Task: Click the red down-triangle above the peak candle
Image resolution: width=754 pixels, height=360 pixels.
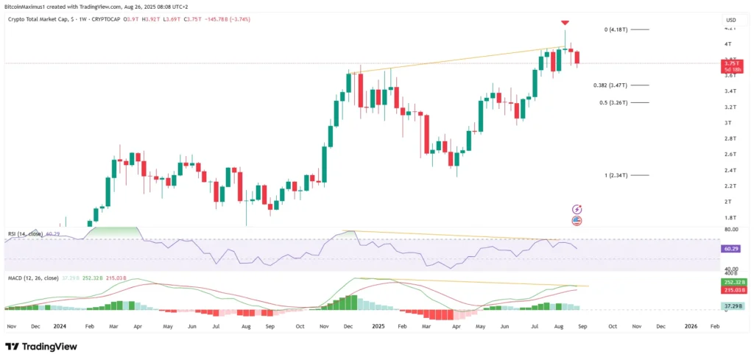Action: pyautogui.click(x=565, y=23)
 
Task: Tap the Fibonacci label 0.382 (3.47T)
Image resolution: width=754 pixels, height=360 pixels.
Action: pyautogui.click(x=610, y=85)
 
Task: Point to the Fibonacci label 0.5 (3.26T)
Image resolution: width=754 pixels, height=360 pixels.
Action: pyautogui.click(x=613, y=102)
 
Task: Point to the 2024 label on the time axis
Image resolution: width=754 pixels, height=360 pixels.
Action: pyautogui.click(x=60, y=325)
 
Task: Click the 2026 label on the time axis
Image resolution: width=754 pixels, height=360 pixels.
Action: pyautogui.click(x=691, y=325)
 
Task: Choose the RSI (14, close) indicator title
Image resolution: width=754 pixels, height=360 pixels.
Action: pyautogui.click(x=27, y=233)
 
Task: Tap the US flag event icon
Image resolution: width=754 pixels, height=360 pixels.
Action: pyautogui.click(x=577, y=220)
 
